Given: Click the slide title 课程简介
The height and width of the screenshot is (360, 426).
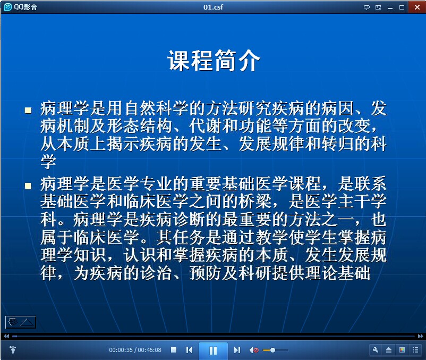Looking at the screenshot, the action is coord(214,61).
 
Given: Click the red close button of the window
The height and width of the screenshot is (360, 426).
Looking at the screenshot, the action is coord(417,7).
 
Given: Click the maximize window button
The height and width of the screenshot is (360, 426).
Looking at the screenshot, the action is coord(402,7).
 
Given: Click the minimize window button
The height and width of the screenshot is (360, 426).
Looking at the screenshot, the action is coord(390,9).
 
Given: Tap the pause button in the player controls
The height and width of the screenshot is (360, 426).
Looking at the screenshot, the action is coord(214,350).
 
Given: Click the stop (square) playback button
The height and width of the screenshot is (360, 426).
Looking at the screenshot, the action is coord(174,350).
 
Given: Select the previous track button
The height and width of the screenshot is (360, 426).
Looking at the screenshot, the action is coord(190,350).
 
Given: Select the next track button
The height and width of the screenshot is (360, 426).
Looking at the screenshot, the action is coord(237,350).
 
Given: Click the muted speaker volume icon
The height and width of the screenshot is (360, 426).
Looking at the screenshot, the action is coord(254,350).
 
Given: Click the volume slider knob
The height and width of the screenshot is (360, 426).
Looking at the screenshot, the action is coord(272,350).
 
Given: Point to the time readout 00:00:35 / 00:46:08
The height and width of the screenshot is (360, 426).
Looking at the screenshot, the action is coord(135,350).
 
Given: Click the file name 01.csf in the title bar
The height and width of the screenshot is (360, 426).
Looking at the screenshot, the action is coord(213,7).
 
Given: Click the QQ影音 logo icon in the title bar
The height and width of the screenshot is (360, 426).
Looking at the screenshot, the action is coord(8,7).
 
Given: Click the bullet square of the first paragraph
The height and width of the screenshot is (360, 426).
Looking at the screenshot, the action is coord(28,110).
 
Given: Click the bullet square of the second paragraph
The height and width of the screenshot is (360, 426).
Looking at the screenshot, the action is coord(28,186).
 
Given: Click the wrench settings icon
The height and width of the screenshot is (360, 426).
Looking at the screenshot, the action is coord(376,350).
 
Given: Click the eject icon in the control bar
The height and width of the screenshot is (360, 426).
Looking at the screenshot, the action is coord(389,350).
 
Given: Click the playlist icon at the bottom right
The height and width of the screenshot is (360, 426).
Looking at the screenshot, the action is coord(415,350).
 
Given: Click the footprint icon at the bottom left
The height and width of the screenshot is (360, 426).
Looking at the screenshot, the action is coord(13,350).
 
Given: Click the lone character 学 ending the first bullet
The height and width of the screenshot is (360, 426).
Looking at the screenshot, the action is coord(48,161).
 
